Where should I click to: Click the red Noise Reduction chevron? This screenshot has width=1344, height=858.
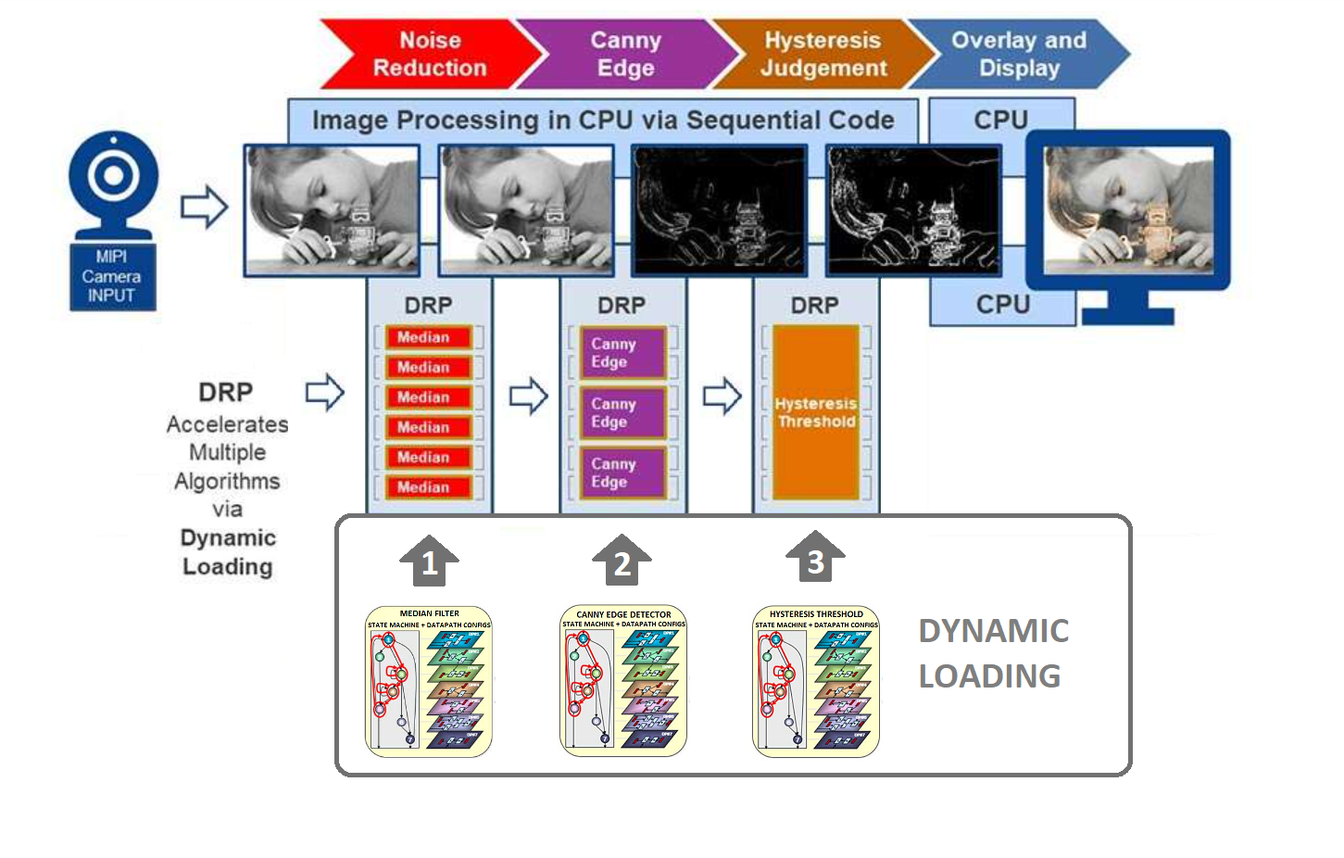point(430,55)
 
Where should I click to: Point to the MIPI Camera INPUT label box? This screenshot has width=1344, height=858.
point(112,276)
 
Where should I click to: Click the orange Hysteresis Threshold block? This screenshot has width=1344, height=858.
point(816,412)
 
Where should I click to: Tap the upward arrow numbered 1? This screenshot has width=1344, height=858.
point(429,560)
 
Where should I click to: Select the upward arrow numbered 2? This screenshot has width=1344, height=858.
point(622,560)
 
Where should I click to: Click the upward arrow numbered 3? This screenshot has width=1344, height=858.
point(815,557)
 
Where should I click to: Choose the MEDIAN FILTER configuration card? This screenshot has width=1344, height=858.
point(429,681)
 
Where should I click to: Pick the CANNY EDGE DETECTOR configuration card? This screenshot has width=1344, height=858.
point(623,681)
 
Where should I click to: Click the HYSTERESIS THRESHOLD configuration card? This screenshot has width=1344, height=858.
point(816,681)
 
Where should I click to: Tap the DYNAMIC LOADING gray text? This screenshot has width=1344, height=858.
point(993,653)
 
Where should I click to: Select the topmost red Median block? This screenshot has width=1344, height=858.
point(428,337)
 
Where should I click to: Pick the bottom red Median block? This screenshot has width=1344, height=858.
point(428,487)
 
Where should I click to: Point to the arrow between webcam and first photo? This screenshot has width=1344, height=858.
point(204,207)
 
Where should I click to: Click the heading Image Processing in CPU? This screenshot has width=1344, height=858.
point(603,120)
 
